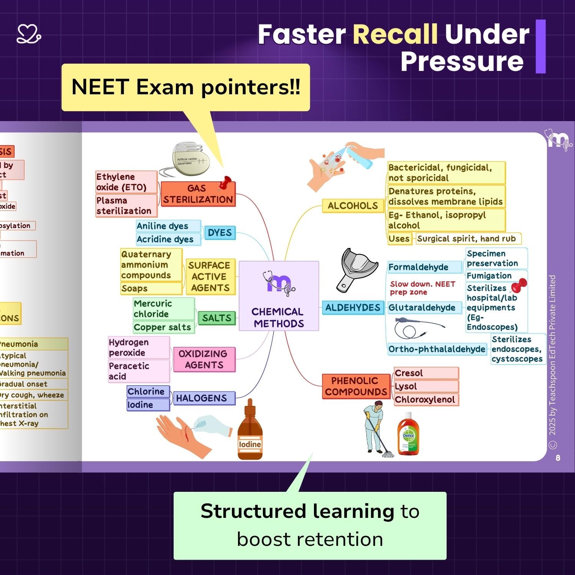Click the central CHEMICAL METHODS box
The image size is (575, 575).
click(x=279, y=296)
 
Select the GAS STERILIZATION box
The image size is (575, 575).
click(x=198, y=194)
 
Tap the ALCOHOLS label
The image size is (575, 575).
click(x=353, y=206)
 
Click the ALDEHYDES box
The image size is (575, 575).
click(x=353, y=307)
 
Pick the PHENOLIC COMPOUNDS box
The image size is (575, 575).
click(x=356, y=386)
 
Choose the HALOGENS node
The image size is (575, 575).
click(x=201, y=398)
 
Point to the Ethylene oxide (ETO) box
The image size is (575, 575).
click(x=126, y=182)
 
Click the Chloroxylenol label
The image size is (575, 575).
click(x=426, y=399)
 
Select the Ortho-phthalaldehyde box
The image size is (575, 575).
click(x=437, y=349)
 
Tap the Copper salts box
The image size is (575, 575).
click(x=163, y=327)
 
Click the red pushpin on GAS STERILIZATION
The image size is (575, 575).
click(x=225, y=183)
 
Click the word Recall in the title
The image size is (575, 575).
click(x=395, y=34)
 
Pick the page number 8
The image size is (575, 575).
click(x=558, y=458)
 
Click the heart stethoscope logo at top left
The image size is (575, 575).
click(x=29, y=34)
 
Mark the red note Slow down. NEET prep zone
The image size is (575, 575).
click(x=422, y=288)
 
